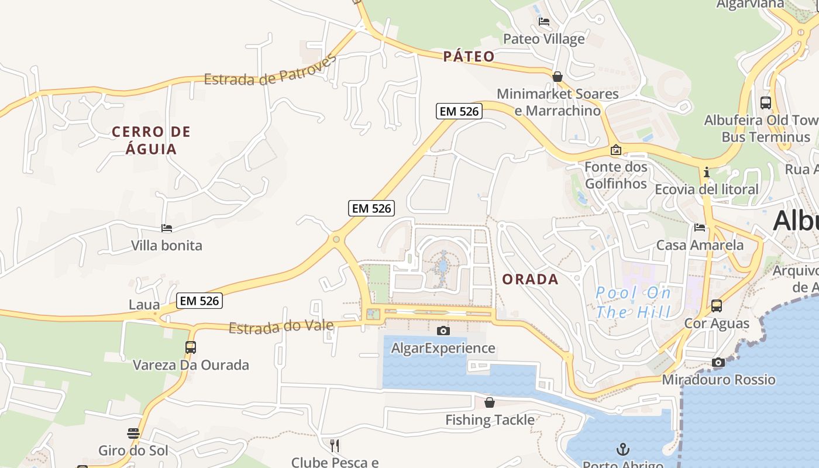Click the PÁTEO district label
[x=469, y=56]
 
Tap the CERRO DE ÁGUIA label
[x=151, y=140]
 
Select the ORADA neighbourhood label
[x=530, y=279]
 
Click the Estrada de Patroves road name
[x=270, y=70]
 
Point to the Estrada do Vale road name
[x=281, y=326]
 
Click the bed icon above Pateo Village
[x=544, y=22]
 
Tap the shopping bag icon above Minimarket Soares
[x=558, y=77]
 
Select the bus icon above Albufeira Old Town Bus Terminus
[x=766, y=102]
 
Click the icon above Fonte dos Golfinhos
[x=615, y=150]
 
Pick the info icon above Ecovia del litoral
[x=707, y=172]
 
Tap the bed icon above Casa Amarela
[x=700, y=227]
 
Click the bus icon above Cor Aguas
[x=717, y=305]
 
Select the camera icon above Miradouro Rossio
[x=718, y=363]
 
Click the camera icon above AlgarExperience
[x=443, y=331]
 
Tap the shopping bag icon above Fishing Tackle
[x=490, y=402]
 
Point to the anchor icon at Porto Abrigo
[x=623, y=449]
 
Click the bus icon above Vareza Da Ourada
[x=191, y=347]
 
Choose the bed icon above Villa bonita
[x=167, y=228]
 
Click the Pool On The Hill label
[x=633, y=302]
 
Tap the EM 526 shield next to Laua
[x=199, y=301]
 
